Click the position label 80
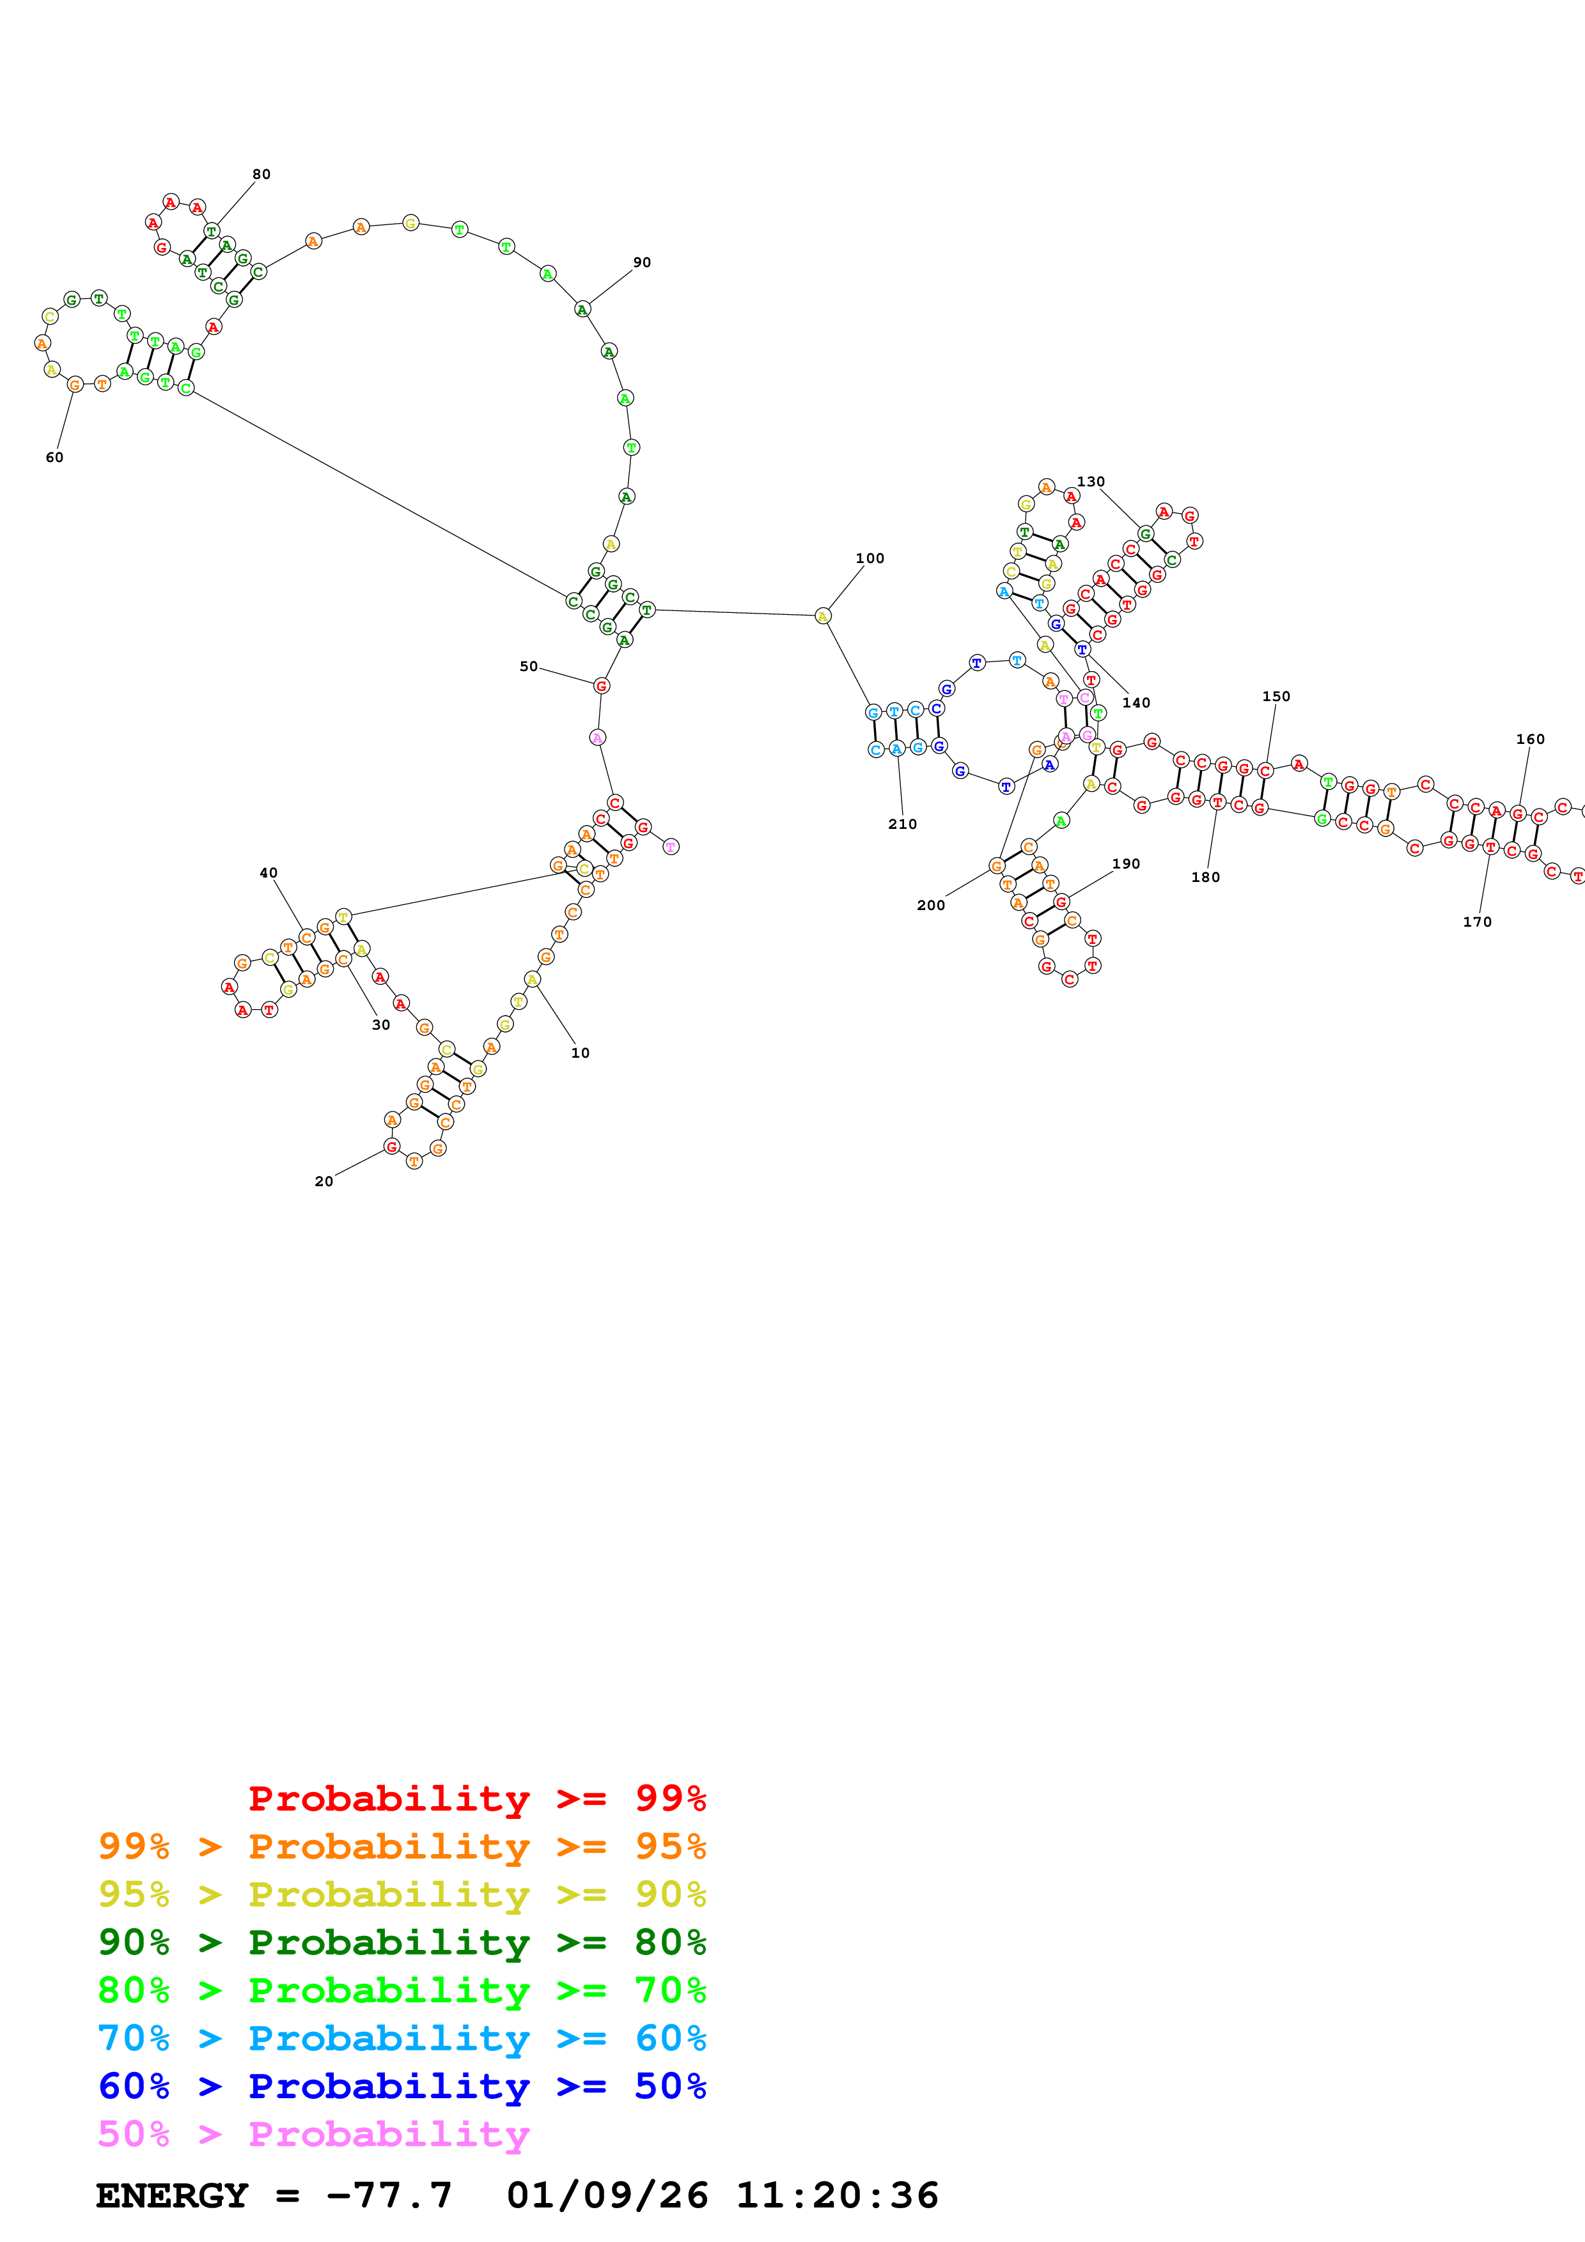pos(261,174)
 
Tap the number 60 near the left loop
pos(55,457)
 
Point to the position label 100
pos(869,559)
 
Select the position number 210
pos(902,824)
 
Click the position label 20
pos(324,1182)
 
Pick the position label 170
pos(1476,922)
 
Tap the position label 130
pos(1091,481)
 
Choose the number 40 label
pos(269,873)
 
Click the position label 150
pos(1276,696)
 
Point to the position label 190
pos(1126,864)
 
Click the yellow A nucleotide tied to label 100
pos(822,616)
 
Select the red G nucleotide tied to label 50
pos(602,686)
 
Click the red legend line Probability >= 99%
pos(476,1798)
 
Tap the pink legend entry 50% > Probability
pos(313,2133)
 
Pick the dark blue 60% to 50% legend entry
pos(402,2086)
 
